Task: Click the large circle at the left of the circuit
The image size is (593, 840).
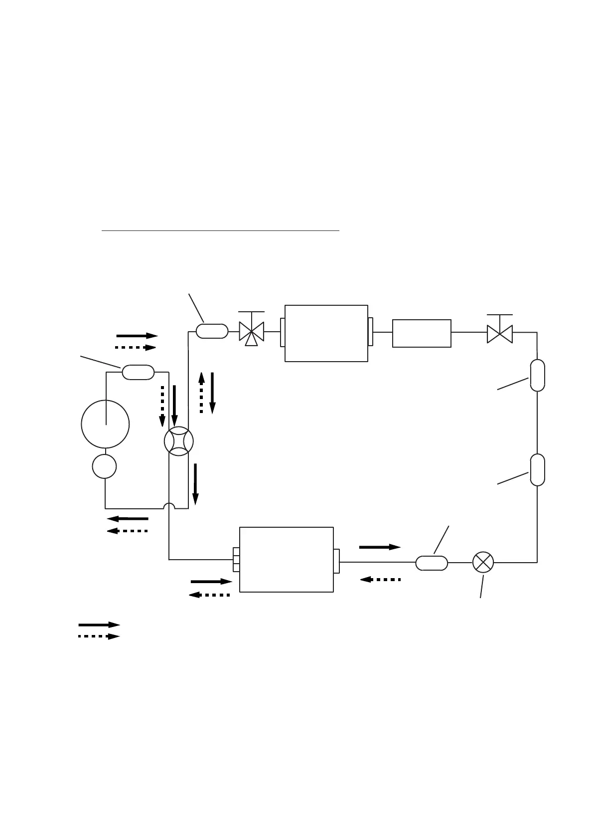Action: pos(105,424)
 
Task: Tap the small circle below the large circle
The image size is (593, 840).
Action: pos(105,467)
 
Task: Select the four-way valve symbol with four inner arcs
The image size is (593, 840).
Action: pos(178,441)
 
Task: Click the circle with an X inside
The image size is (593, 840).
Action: pos(483,562)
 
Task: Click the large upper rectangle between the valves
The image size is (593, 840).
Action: pos(326,333)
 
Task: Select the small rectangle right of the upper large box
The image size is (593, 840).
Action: pos(422,333)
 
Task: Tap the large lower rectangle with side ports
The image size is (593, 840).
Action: pos(286,559)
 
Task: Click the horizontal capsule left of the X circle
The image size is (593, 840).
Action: pos(432,563)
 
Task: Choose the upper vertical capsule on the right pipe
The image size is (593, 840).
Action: pos(537,375)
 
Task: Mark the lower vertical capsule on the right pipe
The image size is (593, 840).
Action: pos(537,469)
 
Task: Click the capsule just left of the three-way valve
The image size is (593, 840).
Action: pos(212,331)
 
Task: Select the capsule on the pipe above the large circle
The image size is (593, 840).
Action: pos(138,372)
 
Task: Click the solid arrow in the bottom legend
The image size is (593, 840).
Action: pos(99,625)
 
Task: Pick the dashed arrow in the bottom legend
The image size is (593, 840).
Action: pos(99,636)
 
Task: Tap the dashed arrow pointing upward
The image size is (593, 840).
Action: pos(201,393)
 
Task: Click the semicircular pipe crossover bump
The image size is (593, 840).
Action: pos(169,506)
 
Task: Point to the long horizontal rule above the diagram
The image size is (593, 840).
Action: pos(220,231)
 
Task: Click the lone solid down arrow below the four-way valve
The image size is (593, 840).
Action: pos(195,483)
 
